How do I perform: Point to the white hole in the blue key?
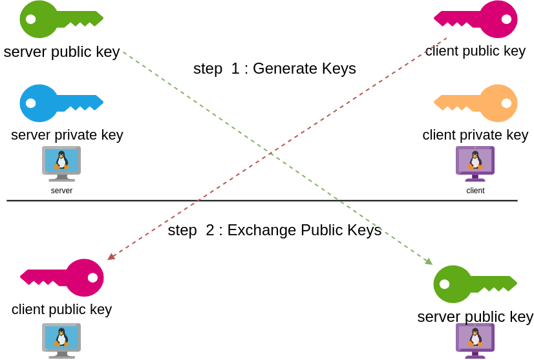click(30, 103)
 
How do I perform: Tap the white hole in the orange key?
click(506, 103)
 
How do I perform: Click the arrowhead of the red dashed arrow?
click(111, 257)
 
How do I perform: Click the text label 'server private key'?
click(67, 135)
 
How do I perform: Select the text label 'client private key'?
click(475, 135)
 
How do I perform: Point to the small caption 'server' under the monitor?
click(61, 191)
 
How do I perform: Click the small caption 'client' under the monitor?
click(475, 191)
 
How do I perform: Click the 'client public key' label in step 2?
click(61, 310)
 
